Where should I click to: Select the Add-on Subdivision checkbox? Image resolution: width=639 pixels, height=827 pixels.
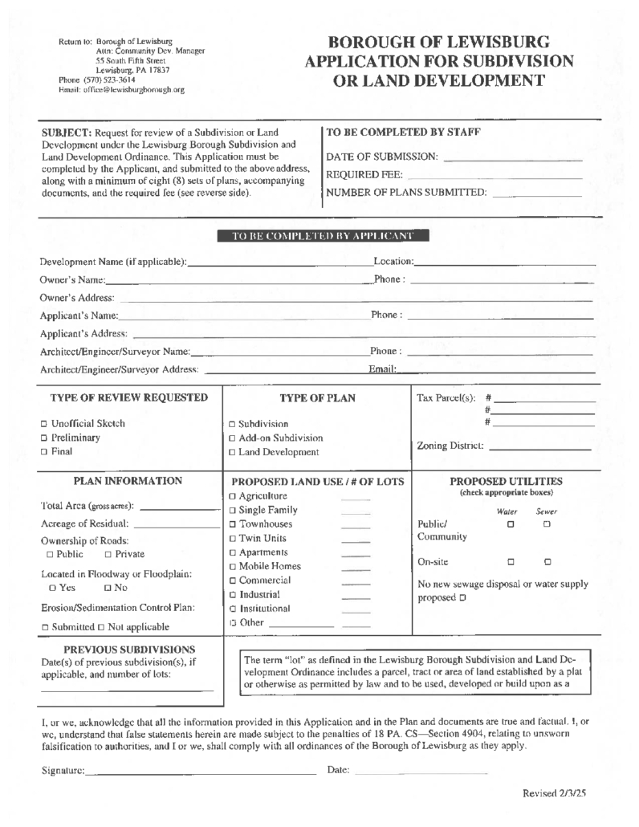(x=232, y=438)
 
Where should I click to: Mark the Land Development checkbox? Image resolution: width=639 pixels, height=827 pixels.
(x=232, y=453)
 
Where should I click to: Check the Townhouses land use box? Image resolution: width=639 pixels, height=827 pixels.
(x=233, y=524)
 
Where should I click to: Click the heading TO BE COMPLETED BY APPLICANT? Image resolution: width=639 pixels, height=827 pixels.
(x=324, y=236)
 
